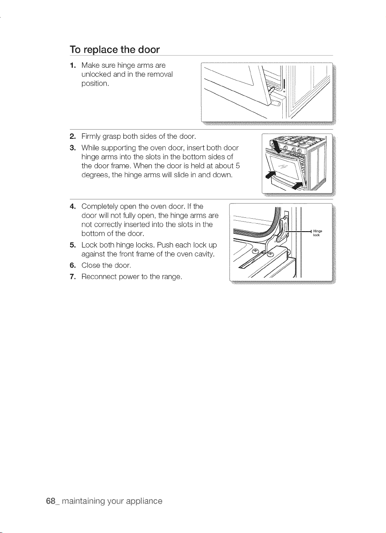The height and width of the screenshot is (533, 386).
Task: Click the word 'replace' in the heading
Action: tap(100, 50)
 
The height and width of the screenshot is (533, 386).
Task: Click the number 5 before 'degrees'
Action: tap(237, 166)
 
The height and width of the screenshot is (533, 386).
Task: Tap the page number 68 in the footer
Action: tap(51, 501)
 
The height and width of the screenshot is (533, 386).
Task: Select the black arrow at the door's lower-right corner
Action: tap(299, 185)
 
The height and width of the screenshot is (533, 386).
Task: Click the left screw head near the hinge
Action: tap(255, 250)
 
